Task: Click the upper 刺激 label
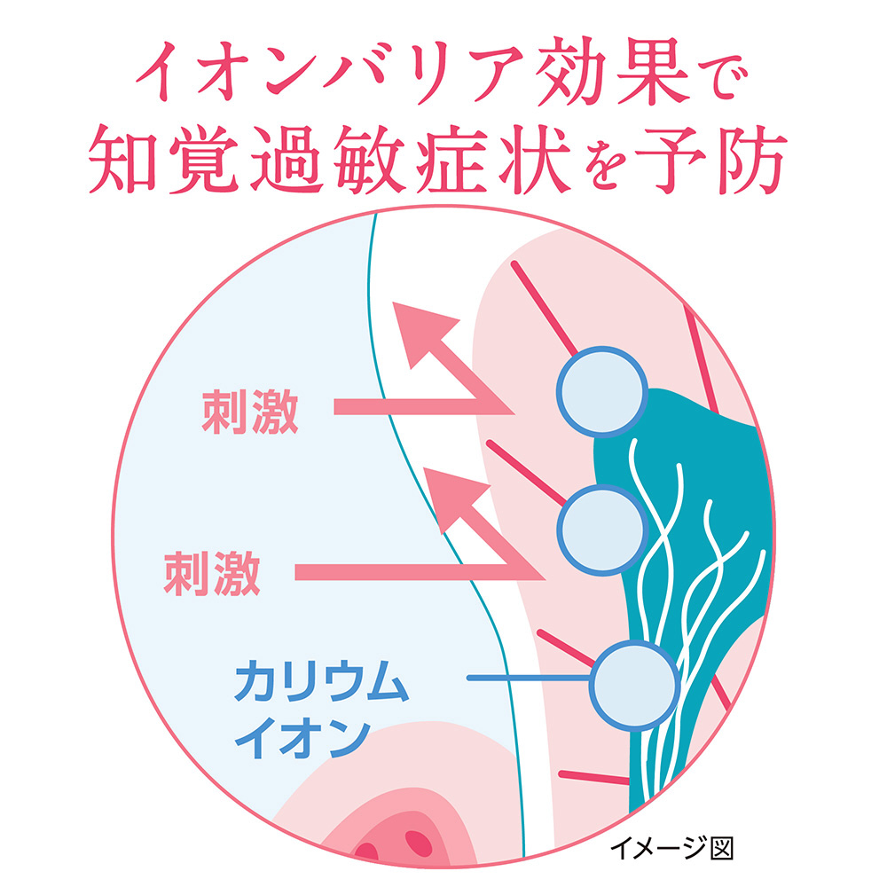tap(250, 412)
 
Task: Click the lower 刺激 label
tap(212, 574)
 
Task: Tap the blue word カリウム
tap(321, 680)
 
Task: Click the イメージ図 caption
tap(671, 849)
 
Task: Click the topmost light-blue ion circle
tap(602, 391)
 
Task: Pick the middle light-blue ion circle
tap(602, 530)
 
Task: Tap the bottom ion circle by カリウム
tap(634, 685)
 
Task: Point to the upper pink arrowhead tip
tap(394, 303)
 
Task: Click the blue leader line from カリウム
tap(529, 678)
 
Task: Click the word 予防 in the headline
tap(710, 160)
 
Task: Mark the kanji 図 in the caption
tap(721, 849)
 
